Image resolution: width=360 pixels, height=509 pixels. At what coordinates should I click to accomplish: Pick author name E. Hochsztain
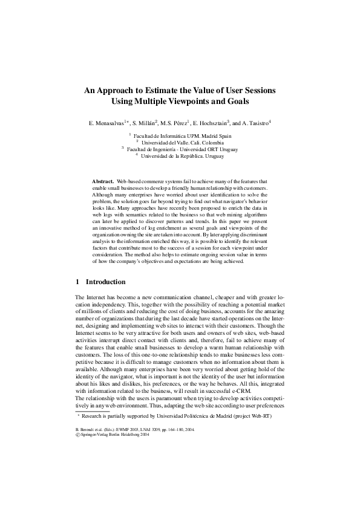[x=208, y=123]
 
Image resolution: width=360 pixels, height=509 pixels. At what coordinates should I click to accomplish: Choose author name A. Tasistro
[x=256, y=123]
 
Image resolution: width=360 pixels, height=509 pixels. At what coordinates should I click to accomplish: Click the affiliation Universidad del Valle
[x=169, y=142]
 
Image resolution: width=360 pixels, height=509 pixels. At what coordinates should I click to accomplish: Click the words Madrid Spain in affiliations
[x=214, y=136]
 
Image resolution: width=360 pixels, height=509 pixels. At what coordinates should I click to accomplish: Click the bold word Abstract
[x=103, y=181]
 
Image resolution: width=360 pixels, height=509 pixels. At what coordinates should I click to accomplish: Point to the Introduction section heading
[x=105, y=282]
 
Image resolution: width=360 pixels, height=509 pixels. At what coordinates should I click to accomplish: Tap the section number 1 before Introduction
[x=77, y=282]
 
